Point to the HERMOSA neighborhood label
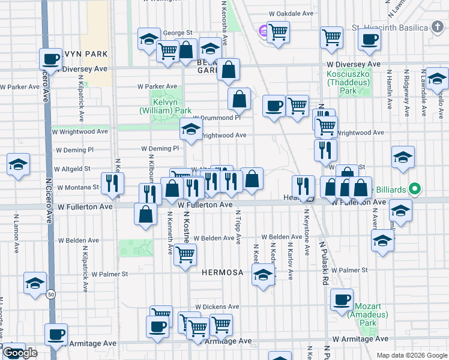point(223,272)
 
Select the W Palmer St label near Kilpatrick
point(109,274)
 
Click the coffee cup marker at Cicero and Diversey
point(52,59)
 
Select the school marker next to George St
point(148,39)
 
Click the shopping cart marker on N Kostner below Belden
point(185,255)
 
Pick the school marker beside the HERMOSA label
point(262,276)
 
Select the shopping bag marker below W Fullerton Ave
point(146,214)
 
